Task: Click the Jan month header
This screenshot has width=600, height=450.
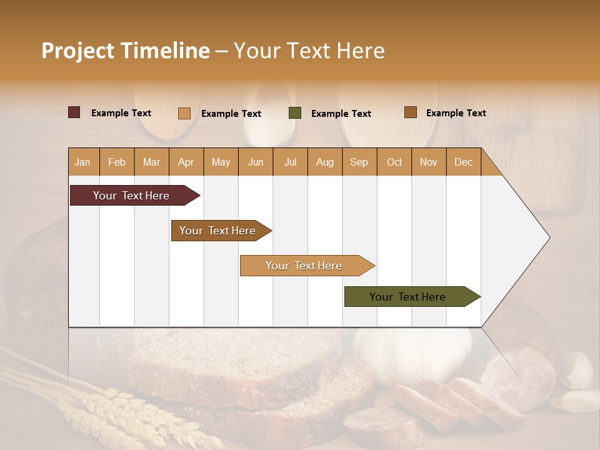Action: pyautogui.click(x=82, y=162)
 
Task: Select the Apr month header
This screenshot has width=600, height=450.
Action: pyautogui.click(x=186, y=162)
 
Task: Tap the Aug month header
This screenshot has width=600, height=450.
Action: pyautogui.click(x=324, y=162)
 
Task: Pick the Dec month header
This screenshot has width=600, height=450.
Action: pyautogui.click(x=463, y=162)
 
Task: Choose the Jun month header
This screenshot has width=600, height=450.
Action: pyautogui.click(x=255, y=162)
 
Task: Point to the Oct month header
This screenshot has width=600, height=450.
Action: pyautogui.click(x=394, y=162)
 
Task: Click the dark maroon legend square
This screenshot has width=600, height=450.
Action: pyautogui.click(x=74, y=112)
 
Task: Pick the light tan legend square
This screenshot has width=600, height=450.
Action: pyautogui.click(x=184, y=113)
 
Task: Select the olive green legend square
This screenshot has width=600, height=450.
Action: pyautogui.click(x=295, y=113)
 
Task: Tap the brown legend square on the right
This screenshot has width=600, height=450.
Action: pyautogui.click(x=410, y=112)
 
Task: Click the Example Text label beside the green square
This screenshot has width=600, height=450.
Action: pyautogui.click(x=341, y=114)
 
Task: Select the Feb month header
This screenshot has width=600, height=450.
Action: pyautogui.click(x=117, y=162)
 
